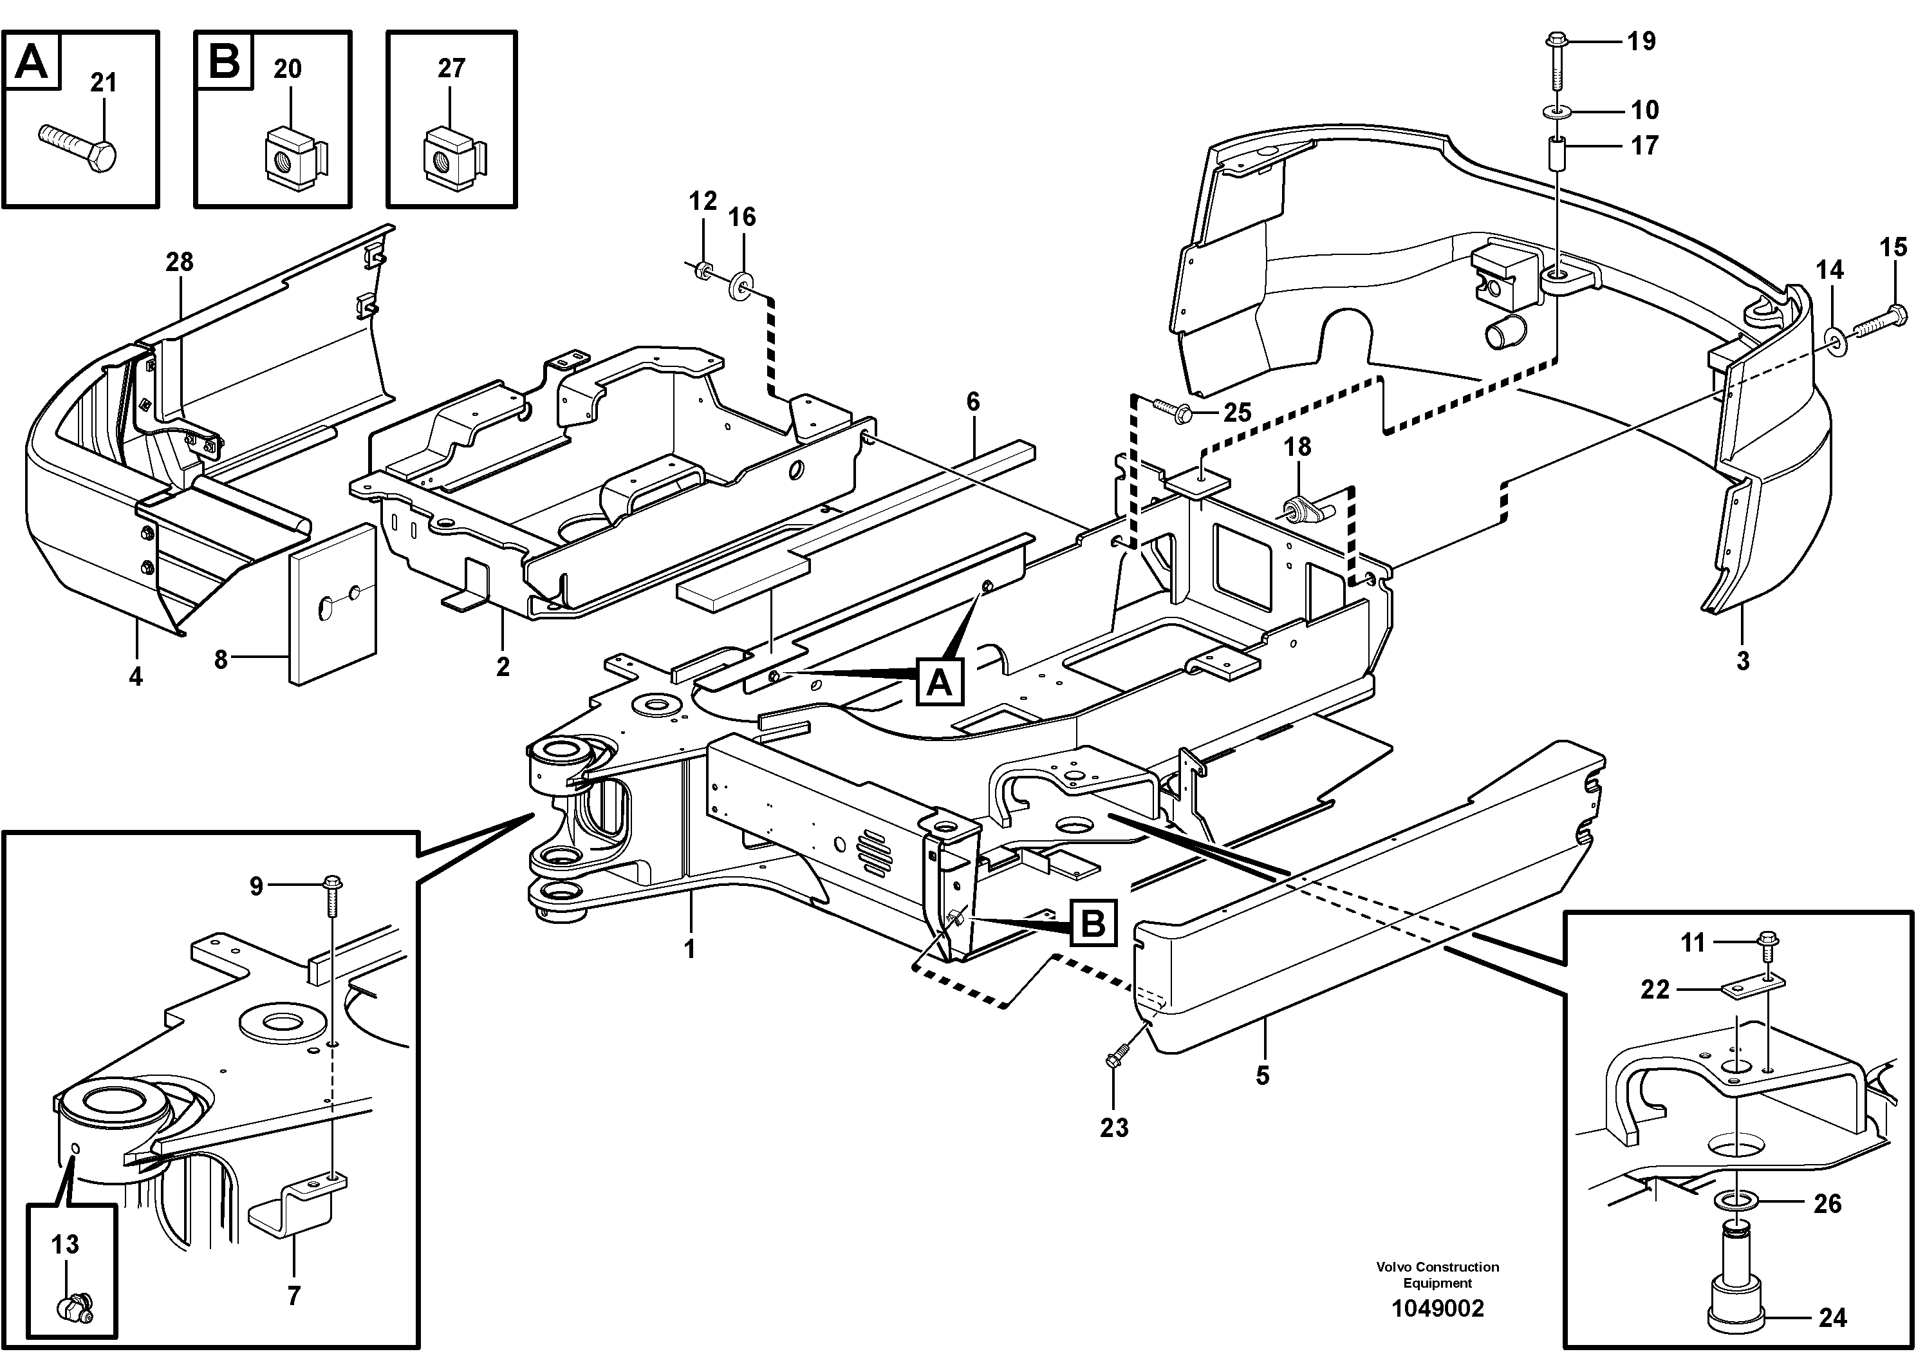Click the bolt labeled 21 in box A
point(79,147)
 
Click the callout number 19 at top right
point(1641,41)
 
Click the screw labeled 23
point(1117,1056)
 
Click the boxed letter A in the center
point(940,683)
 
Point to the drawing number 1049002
point(1437,1308)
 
